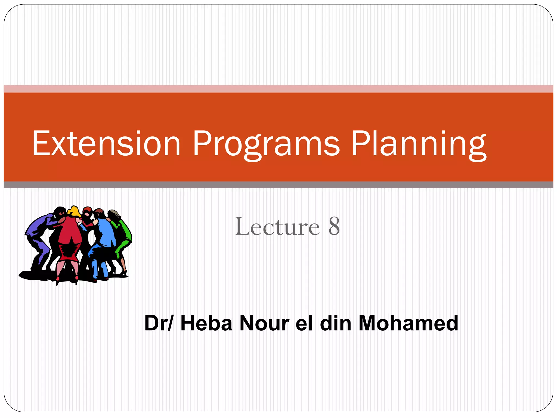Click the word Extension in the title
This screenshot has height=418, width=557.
106,143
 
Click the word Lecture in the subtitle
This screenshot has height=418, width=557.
277,226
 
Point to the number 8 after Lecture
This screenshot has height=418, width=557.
334,226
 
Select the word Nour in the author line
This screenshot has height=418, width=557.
264,323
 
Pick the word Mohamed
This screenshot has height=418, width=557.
408,323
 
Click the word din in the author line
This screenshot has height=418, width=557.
336,323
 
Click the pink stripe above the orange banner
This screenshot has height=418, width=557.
278,89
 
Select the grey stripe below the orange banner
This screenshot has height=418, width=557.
278,185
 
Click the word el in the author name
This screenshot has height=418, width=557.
304,323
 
